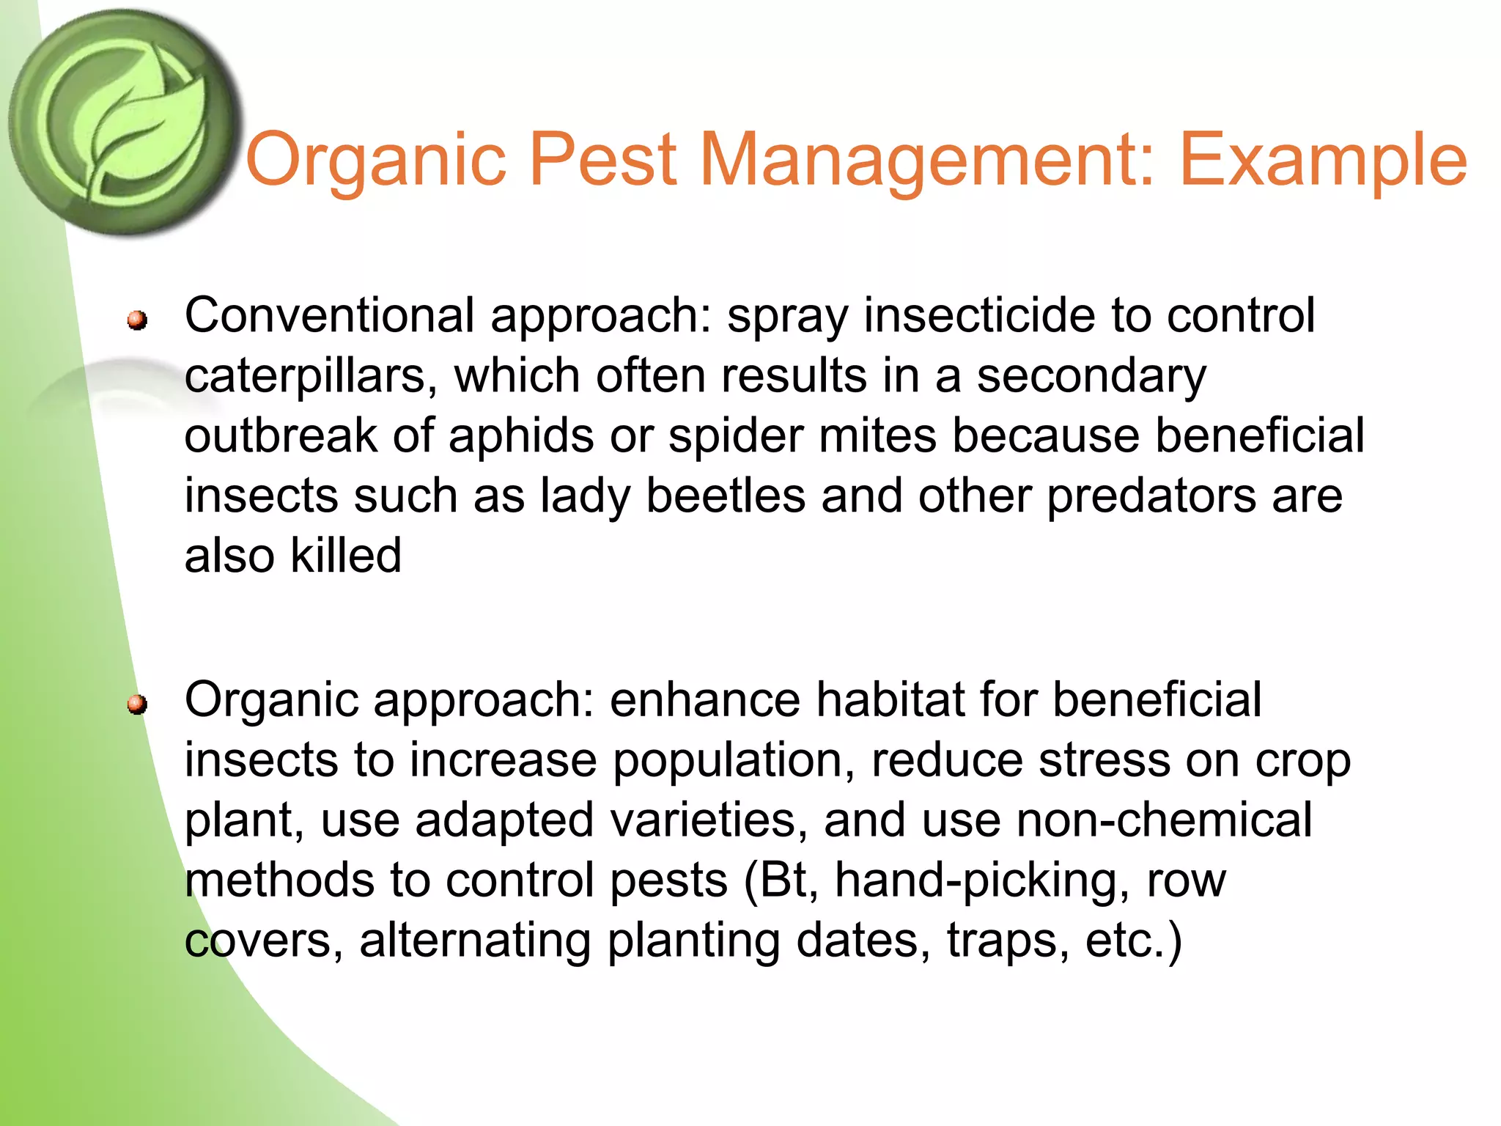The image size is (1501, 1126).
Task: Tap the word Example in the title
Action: [x=1323, y=159]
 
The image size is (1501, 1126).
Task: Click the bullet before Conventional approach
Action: [x=136, y=320]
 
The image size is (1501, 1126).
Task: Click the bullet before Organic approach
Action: [x=136, y=704]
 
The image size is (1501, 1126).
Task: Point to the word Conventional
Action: [x=329, y=315]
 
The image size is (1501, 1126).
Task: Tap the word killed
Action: [x=346, y=555]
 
